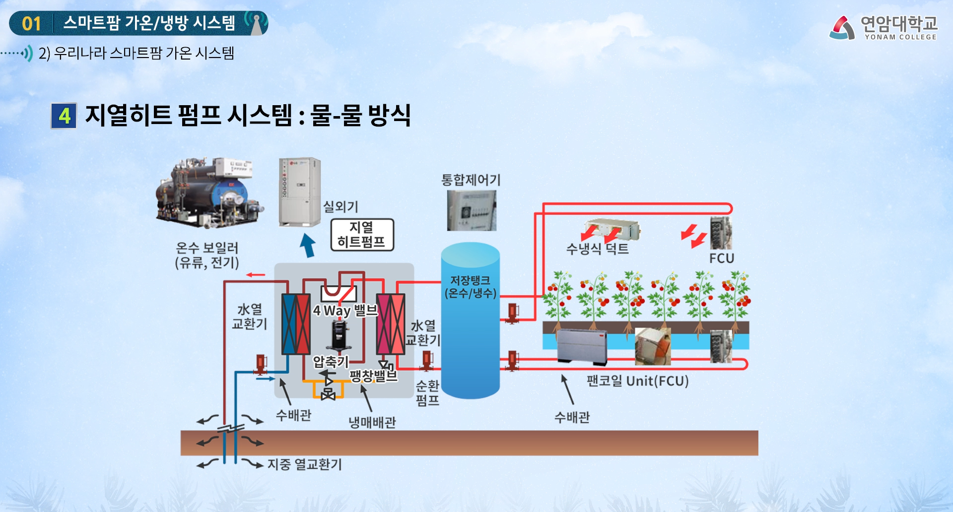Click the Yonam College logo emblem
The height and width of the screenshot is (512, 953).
pyautogui.click(x=842, y=28)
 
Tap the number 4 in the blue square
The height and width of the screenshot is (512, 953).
pyautogui.click(x=64, y=116)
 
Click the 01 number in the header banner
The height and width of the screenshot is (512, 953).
pyautogui.click(x=31, y=23)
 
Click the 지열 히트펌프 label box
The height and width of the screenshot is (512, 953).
pyautogui.click(x=362, y=235)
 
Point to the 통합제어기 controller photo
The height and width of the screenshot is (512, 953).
pyautogui.click(x=471, y=211)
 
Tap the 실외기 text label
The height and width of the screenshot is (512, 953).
pyautogui.click(x=340, y=206)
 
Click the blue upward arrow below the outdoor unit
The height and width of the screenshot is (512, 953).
pyautogui.click(x=308, y=245)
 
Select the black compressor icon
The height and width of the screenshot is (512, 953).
pyautogui.click(x=340, y=335)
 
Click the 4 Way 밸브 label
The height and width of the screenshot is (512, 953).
pyautogui.click(x=345, y=311)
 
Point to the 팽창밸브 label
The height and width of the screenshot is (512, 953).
pyautogui.click(x=373, y=375)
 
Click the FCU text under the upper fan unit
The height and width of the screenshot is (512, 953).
pyautogui.click(x=721, y=258)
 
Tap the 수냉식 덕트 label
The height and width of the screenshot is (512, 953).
pyautogui.click(x=597, y=249)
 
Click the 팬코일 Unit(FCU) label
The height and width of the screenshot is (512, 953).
pyautogui.click(x=637, y=381)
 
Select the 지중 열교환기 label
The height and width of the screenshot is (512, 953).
pyautogui.click(x=305, y=464)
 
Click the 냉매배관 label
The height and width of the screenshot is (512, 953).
pyautogui.click(x=372, y=422)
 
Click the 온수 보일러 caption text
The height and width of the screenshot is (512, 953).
pyautogui.click(x=207, y=255)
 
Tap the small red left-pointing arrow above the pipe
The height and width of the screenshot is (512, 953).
pyautogui.click(x=256, y=274)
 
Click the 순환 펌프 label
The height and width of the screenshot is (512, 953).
pyautogui.click(x=427, y=393)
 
